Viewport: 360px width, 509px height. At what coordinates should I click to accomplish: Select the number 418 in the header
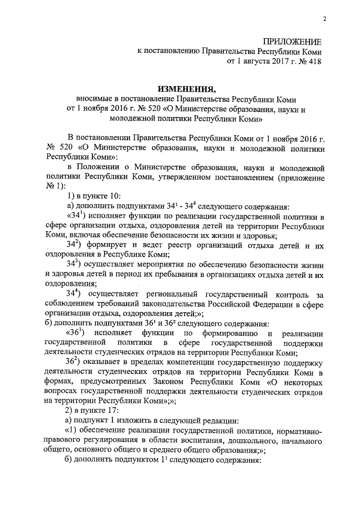click(x=314, y=62)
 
